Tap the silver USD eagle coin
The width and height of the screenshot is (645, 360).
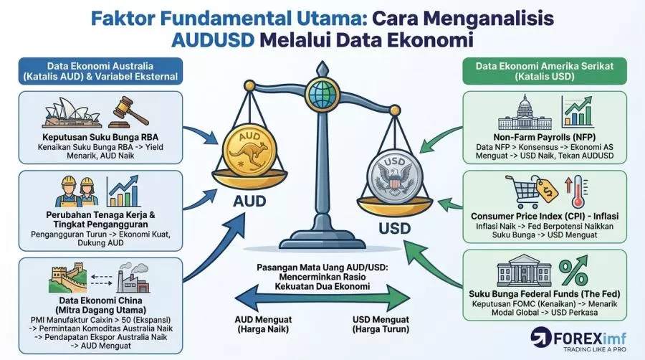(394, 177)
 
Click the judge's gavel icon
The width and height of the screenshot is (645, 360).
(128, 112)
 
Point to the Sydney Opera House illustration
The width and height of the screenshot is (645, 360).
(72, 113)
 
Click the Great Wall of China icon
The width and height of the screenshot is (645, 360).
(68, 278)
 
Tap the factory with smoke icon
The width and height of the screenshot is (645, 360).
(133, 278)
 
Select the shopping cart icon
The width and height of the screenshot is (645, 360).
(522, 191)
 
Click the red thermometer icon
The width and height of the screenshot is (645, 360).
(578, 191)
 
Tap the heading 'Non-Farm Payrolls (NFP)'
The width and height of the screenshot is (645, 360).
(545, 137)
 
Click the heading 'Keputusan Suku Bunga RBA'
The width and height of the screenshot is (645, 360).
(100, 137)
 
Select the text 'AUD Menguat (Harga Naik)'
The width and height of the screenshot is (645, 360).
(263, 324)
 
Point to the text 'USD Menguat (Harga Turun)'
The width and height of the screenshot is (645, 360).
(381, 324)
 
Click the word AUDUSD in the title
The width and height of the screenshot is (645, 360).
(213, 40)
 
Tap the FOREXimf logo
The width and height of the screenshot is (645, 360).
(578, 339)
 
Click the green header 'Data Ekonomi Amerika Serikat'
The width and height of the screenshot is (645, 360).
(545, 71)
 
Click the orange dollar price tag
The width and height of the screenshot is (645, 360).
(546, 189)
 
